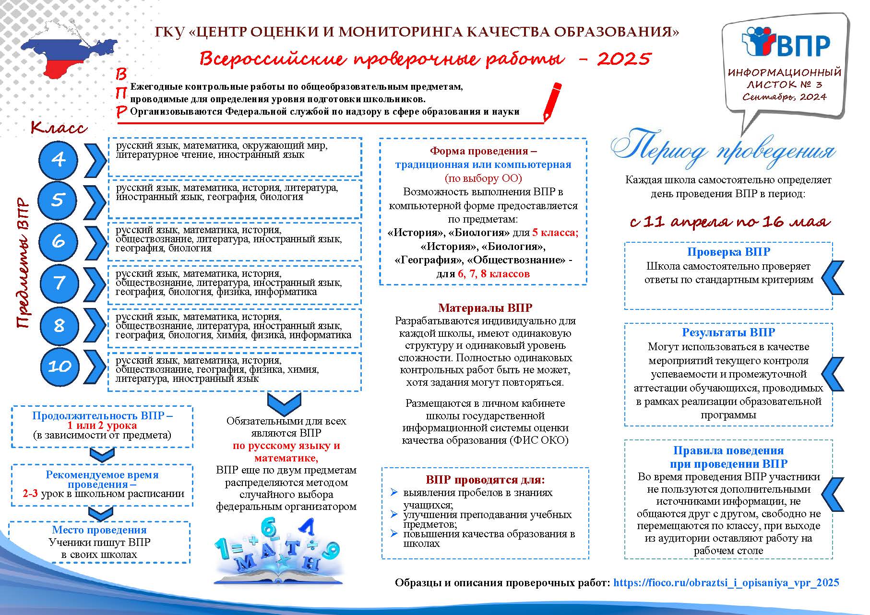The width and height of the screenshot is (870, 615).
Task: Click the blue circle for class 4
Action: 58,159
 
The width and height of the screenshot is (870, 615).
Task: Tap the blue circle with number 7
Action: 58,283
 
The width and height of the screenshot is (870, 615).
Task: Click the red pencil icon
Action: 552,101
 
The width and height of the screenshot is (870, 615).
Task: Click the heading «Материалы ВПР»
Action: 485,308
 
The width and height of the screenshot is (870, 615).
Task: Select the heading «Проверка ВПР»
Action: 728,252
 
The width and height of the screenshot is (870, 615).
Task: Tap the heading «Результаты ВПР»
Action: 728,332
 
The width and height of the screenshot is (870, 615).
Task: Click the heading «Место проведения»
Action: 99,530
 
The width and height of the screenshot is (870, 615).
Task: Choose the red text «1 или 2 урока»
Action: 102,426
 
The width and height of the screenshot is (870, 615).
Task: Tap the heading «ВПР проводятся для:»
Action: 485,480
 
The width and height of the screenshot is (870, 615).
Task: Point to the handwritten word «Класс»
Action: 59,128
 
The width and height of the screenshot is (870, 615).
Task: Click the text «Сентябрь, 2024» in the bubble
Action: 784,96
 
